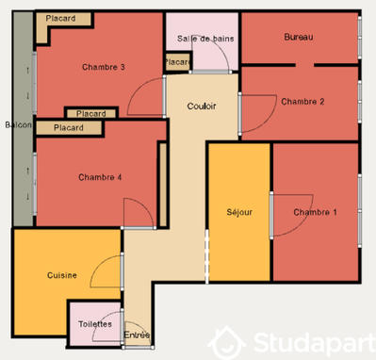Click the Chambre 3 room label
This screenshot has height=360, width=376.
point(104,67)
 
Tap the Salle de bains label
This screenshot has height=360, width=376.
point(202,38)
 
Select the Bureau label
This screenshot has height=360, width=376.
point(299,37)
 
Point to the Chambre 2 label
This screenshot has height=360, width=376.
point(302,102)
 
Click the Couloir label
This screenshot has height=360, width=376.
point(202,106)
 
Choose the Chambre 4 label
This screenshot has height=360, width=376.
point(100,177)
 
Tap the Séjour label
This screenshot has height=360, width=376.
point(239,213)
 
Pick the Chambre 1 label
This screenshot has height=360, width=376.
point(315,213)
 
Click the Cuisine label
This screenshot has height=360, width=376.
point(62,275)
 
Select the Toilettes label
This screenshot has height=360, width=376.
point(95,324)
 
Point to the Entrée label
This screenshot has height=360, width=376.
point(138,335)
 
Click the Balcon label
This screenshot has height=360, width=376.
point(19,124)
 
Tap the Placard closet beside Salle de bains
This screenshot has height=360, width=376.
point(177,62)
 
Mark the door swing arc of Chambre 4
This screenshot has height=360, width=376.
point(137,212)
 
